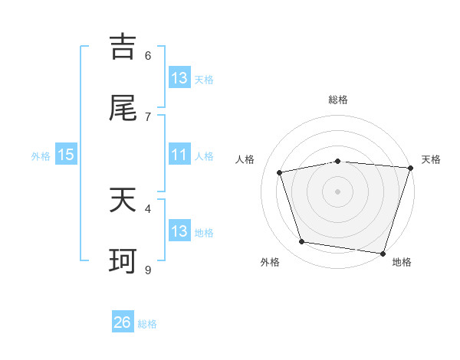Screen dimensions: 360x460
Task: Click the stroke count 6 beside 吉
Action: coord(148,55)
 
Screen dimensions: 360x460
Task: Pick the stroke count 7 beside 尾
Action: coord(148,116)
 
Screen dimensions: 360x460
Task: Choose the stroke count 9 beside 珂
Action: coord(148,270)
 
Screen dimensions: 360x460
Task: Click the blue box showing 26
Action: coord(123,322)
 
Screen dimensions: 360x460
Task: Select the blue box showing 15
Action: coord(66,155)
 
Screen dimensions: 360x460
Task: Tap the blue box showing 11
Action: coord(179,155)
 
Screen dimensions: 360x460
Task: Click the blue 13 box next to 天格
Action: coord(179,78)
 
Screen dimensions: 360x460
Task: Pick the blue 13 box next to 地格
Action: coord(179,231)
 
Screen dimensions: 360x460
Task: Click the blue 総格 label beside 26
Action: coord(147,324)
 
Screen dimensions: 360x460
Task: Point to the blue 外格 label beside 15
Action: coord(41,156)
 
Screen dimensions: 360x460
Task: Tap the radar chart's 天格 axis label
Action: coord(431,159)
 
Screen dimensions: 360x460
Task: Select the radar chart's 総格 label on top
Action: coord(338,100)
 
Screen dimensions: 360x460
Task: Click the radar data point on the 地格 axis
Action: coord(383,253)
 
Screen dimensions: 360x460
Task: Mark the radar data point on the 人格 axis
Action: coord(280,172)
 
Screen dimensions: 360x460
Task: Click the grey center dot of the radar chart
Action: coord(338,191)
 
